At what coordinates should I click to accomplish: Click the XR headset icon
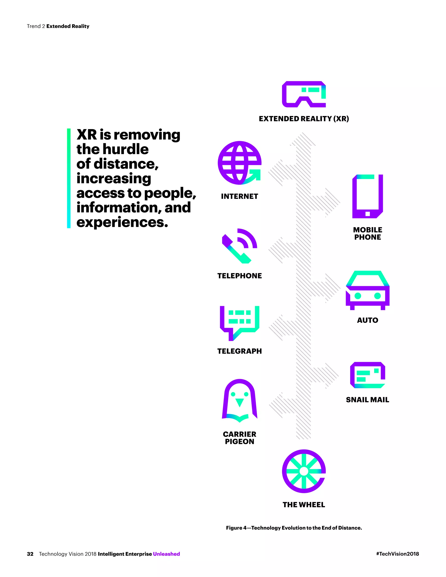click(x=304, y=94)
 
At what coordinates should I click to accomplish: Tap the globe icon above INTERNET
click(x=239, y=163)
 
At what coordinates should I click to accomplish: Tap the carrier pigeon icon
click(x=239, y=400)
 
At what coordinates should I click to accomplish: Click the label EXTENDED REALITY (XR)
click(x=304, y=119)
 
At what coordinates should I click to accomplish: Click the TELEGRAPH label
click(x=239, y=351)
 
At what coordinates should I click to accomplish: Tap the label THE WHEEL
click(x=304, y=505)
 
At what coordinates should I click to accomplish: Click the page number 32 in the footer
click(x=30, y=554)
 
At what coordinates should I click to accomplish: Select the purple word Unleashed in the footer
click(x=166, y=554)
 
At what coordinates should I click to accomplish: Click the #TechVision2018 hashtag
click(x=397, y=554)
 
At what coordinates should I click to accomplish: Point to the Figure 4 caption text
click(x=294, y=528)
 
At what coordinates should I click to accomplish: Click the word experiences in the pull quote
click(x=122, y=222)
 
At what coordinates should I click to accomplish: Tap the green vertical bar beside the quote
click(x=69, y=178)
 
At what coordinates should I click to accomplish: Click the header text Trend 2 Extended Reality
click(x=58, y=26)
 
